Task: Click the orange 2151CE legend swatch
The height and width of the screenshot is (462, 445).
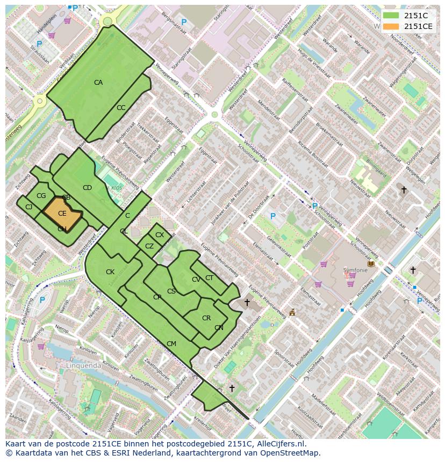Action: (x=391, y=26)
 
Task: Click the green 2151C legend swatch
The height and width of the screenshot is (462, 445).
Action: (x=391, y=16)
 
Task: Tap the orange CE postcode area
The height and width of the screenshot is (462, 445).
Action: (x=61, y=213)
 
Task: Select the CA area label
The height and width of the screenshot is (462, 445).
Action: (x=98, y=83)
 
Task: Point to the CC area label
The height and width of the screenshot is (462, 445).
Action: (x=121, y=108)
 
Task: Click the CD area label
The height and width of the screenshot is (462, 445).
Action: (x=87, y=188)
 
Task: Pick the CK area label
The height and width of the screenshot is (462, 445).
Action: (x=110, y=272)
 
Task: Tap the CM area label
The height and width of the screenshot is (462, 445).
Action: (x=171, y=344)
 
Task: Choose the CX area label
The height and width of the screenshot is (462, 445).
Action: (x=160, y=235)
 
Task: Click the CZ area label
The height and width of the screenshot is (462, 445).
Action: (x=149, y=246)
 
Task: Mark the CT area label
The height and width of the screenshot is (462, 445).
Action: (x=209, y=278)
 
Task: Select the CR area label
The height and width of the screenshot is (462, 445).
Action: (x=206, y=318)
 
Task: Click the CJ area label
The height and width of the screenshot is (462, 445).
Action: (x=29, y=207)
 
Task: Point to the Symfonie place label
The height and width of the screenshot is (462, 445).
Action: (x=356, y=270)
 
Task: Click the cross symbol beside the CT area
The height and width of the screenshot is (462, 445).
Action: (x=247, y=303)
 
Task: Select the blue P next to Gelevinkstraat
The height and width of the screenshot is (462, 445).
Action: (x=273, y=217)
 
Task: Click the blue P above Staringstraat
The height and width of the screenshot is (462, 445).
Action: (x=184, y=23)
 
